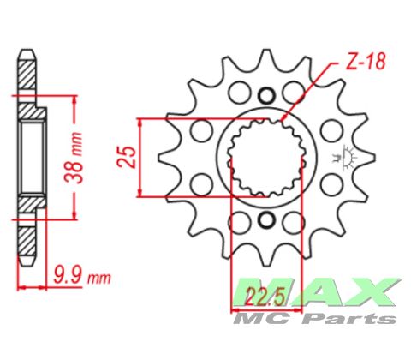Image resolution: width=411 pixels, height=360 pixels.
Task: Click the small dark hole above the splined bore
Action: pos(265,95)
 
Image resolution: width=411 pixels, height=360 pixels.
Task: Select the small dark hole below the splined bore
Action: pos(265,221)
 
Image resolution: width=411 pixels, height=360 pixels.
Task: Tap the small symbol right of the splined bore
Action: pos(348,158)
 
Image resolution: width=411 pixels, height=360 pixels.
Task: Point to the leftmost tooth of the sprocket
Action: pos(165,158)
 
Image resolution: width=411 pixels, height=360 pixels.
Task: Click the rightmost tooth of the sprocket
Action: pos(366,159)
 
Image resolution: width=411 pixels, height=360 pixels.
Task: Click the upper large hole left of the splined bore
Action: pos(203,131)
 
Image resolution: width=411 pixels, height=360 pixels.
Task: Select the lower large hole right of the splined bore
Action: pos(328,185)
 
